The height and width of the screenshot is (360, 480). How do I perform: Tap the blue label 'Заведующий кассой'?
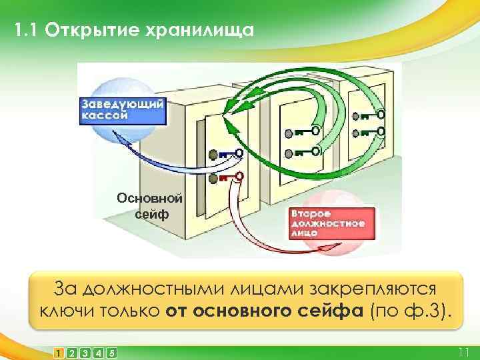pos(123,110)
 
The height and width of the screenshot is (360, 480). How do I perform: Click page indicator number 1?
pos(59,352)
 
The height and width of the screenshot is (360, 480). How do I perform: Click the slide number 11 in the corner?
pos(464,352)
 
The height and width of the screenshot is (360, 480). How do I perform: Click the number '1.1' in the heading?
pos(26,31)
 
